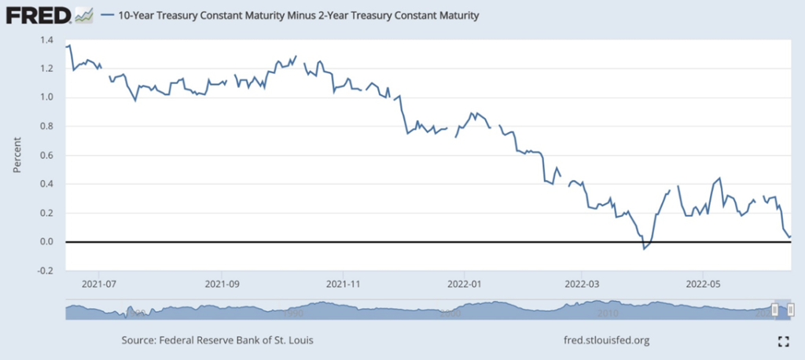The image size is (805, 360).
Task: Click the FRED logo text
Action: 36,14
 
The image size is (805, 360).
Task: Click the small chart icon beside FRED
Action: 83,14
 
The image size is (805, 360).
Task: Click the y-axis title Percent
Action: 17,155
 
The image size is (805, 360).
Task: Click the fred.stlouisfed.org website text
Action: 602,340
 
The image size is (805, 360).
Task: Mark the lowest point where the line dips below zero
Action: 644,248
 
